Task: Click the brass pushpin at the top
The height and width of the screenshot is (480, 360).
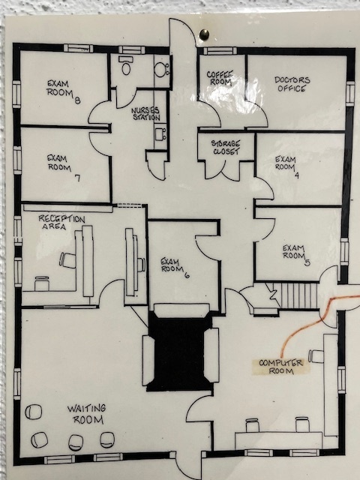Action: (x=204, y=34)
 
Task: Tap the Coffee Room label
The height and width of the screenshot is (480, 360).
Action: (x=220, y=78)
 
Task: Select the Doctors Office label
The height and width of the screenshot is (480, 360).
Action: (x=292, y=84)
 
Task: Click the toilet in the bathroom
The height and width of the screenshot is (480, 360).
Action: (x=126, y=66)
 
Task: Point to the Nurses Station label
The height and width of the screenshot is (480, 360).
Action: (x=146, y=113)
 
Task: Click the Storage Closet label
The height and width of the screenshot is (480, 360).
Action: (x=226, y=147)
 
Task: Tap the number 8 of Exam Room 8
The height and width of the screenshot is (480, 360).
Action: (x=77, y=100)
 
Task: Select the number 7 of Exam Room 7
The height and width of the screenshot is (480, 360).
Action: (x=78, y=178)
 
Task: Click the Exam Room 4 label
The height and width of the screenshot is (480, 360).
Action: (x=286, y=166)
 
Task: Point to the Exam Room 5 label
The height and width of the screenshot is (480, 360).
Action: (x=295, y=255)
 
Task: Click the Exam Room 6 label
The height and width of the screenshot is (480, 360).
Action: (x=175, y=268)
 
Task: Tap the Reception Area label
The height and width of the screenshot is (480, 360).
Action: (x=61, y=223)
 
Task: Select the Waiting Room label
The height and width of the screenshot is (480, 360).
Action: (x=87, y=414)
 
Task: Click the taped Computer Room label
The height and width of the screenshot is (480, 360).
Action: (x=281, y=367)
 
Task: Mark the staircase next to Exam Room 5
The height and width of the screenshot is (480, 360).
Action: (x=295, y=295)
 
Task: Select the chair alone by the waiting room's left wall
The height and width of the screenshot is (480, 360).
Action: (x=33, y=412)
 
